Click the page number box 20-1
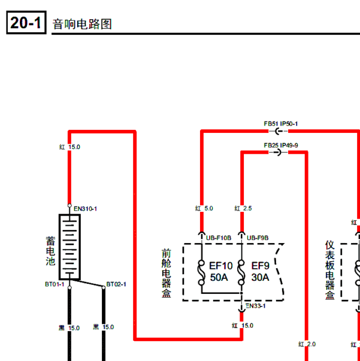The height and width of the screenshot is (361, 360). pyautogui.click(x=26, y=23)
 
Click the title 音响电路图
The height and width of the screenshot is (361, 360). pyautogui.click(x=82, y=24)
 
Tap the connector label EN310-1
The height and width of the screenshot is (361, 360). pyautogui.click(x=85, y=209)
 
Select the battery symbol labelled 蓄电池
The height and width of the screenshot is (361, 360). pyautogui.click(x=70, y=247)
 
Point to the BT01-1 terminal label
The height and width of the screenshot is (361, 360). pyautogui.click(x=55, y=284)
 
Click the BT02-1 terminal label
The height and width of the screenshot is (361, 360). pyautogui.click(x=116, y=284)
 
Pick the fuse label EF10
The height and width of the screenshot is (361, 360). pyautogui.click(x=221, y=266)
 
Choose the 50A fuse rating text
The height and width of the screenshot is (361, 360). pyautogui.click(x=219, y=277)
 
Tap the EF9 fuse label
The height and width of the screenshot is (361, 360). pyautogui.click(x=261, y=266)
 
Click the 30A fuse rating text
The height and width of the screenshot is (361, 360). pyautogui.click(x=261, y=277)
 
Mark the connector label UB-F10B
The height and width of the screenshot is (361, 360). pyautogui.click(x=219, y=238)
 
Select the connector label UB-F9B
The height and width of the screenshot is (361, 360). pyautogui.click(x=258, y=238)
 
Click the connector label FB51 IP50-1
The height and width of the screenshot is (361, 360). pyautogui.click(x=281, y=124)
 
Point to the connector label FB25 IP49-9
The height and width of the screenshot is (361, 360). pyautogui.click(x=281, y=145)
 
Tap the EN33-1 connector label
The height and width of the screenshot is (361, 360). pyautogui.click(x=256, y=306)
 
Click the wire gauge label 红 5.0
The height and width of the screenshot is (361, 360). pyautogui.click(x=204, y=208)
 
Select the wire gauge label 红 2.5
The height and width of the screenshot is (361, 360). pyautogui.click(x=243, y=208)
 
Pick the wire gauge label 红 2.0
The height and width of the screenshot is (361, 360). pyautogui.click(x=307, y=344)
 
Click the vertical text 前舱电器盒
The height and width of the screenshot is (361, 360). pyautogui.click(x=167, y=273)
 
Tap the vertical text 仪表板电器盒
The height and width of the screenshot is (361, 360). pyautogui.click(x=330, y=270)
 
